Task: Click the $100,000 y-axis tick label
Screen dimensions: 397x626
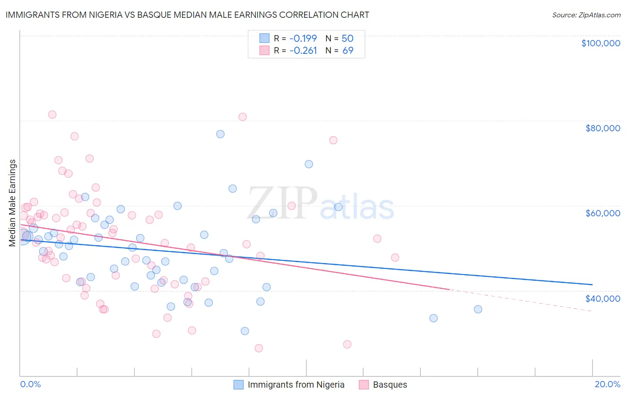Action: (x=601, y=43)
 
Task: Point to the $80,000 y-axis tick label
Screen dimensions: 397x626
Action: (x=602, y=128)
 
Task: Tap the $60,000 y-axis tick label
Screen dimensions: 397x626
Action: (x=602, y=213)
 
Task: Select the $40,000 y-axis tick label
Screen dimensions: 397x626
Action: (x=602, y=298)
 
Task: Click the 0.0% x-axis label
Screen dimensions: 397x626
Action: (x=30, y=384)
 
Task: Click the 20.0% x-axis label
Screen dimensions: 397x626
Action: (x=607, y=384)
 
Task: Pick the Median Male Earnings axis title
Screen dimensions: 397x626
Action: (x=12, y=203)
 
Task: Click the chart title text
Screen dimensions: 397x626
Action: (x=187, y=15)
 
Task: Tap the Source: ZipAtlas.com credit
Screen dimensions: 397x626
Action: (x=586, y=15)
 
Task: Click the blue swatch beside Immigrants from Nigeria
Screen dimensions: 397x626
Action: (x=239, y=385)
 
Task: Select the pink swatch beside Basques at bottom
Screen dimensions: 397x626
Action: (x=364, y=385)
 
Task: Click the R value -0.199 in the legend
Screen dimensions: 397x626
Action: (x=303, y=38)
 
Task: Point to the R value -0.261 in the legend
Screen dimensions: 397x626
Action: (x=303, y=50)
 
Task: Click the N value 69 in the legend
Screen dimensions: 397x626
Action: (x=348, y=50)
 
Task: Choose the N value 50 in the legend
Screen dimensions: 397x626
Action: (x=347, y=38)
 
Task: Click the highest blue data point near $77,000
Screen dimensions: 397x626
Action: (x=220, y=134)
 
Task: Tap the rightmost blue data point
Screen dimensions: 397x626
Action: (x=478, y=309)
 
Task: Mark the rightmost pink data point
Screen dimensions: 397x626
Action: (x=395, y=258)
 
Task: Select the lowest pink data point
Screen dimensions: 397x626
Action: (x=259, y=348)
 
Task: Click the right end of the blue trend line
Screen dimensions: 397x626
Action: (x=592, y=284)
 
